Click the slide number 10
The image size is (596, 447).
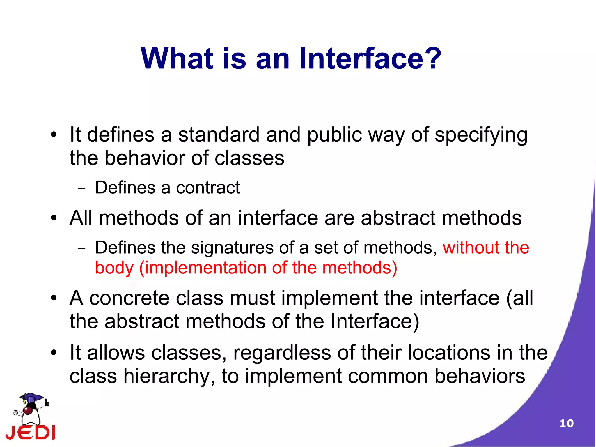tap(566, 423)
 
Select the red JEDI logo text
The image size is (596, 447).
tap(30, 433)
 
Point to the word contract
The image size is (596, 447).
tap(208, 188)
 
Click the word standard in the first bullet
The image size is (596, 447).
tap(219, 135)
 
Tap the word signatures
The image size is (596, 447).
tap(232, 248)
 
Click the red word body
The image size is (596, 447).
tap(114, 268)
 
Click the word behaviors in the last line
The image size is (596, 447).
tap(480, 376)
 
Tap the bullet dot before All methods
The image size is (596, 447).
tap(54, 218)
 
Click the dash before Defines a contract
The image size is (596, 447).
tap(82, 188)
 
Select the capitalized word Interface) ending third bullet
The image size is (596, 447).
tap(375, 322)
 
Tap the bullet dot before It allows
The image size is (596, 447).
tap(54, 353)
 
